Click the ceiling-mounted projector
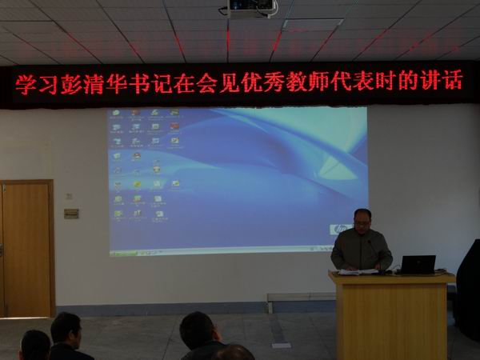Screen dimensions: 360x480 (x=249, y=8)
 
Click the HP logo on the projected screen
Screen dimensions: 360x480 (x=339, y=229)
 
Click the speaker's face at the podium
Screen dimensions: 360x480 (x=362, y=221)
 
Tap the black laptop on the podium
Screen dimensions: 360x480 (x=418, y=264)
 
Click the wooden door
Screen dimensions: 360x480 (x=26, y=247)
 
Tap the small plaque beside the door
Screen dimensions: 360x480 (x=71, y=214)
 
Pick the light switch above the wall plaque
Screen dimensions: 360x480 (x=69, y=196)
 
